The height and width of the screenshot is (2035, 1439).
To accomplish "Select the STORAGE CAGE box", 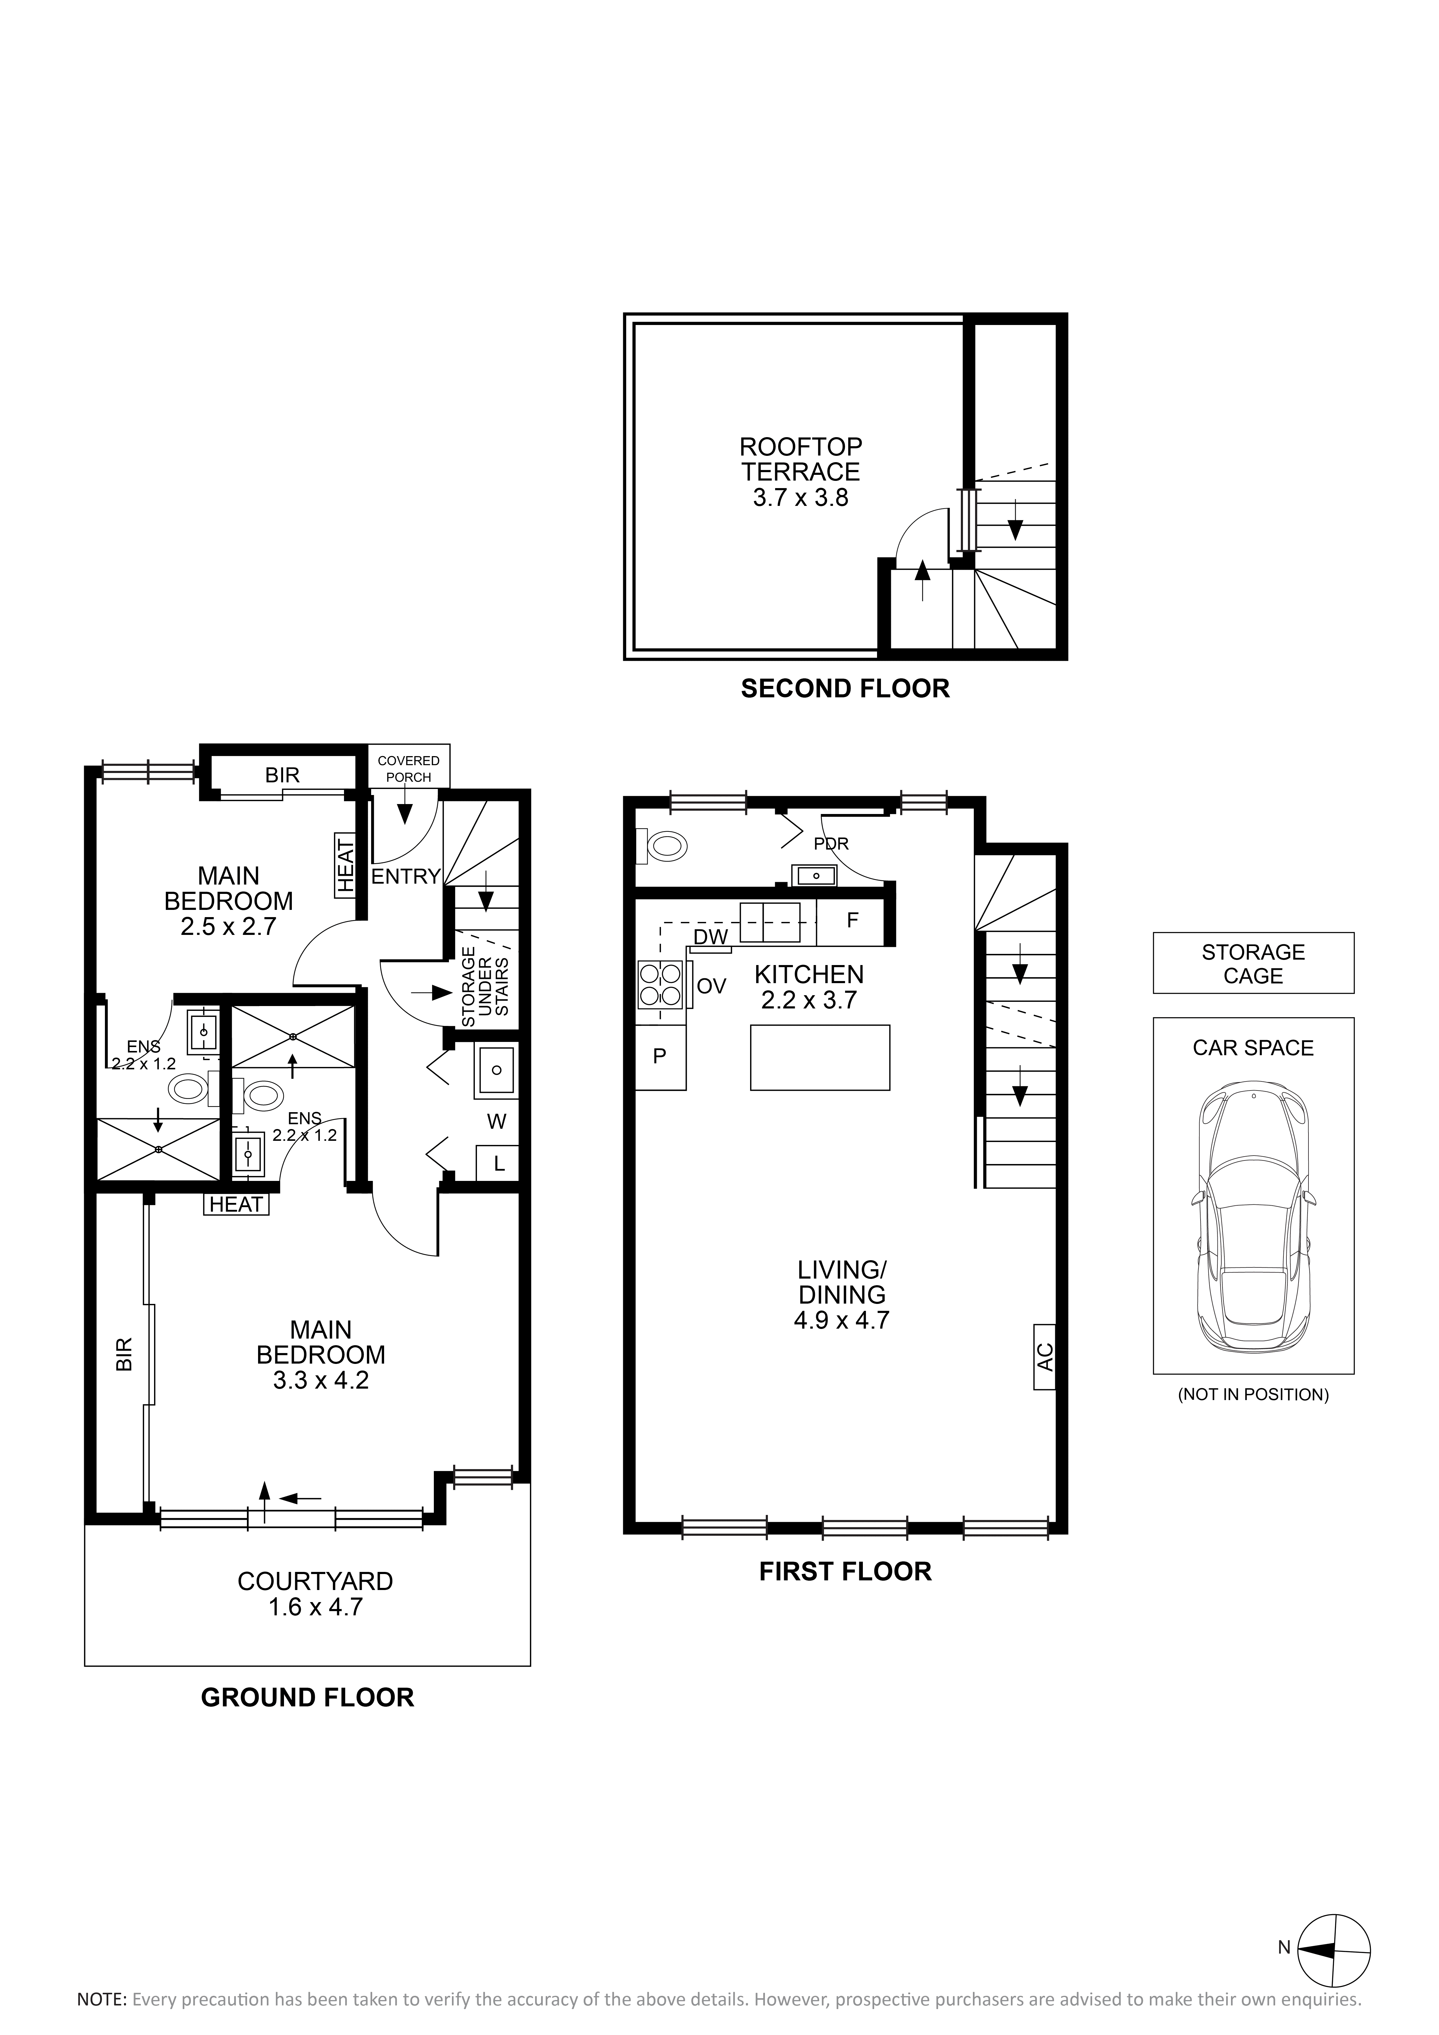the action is [x=1253, y=963].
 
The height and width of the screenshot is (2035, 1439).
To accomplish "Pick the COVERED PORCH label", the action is [x=409, y=768].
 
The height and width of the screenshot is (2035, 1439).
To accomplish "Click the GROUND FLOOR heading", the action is [x=308, y=1697].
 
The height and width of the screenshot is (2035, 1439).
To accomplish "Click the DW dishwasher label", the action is [x=711, y=937].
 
